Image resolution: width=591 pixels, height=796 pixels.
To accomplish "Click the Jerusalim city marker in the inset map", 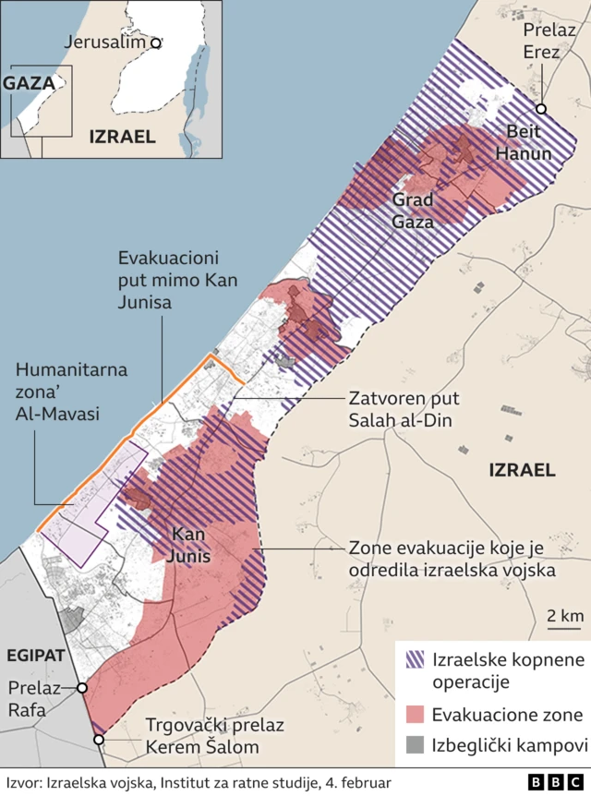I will [156, 42].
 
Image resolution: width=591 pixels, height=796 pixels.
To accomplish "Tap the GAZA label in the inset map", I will [29, 82].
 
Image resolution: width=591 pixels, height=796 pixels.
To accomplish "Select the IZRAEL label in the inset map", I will [121, 137].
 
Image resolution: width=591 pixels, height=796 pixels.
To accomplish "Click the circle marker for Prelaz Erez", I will [541, 109].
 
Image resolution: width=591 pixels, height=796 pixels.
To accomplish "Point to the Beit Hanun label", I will [524, 142].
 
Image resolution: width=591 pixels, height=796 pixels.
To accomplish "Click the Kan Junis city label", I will [189, 547].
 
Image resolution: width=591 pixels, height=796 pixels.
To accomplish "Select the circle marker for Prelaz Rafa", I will [82, 688].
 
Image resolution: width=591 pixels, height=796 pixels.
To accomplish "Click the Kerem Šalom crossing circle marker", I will [98, 739].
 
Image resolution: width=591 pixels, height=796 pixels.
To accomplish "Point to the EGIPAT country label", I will [35, 655].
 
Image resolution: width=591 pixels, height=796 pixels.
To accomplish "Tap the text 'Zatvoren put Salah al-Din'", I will [403, 410].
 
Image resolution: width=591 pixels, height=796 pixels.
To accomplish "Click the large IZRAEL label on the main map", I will [522, 470].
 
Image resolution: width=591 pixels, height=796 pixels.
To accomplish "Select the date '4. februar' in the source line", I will [355, 782].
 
